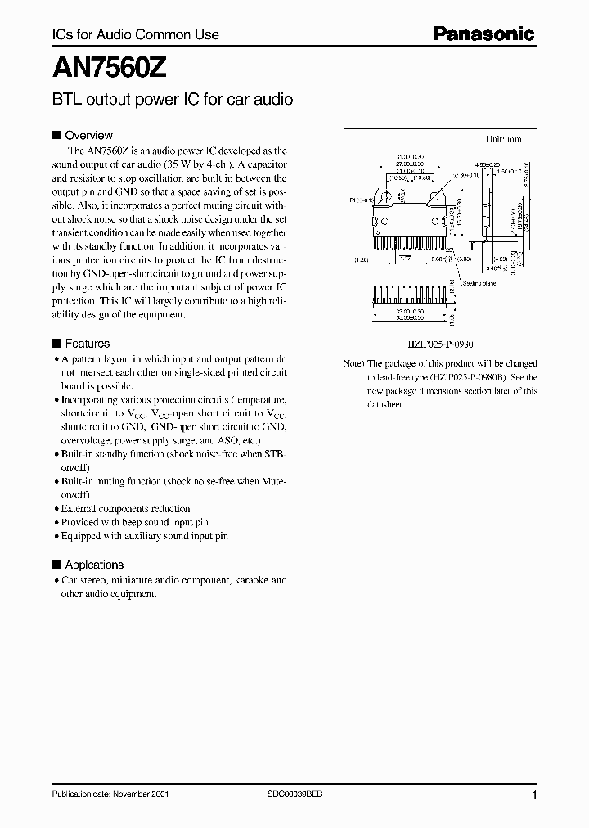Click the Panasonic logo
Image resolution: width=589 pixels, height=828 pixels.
(483, 34)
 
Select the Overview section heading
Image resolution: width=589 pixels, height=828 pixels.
(88, 135)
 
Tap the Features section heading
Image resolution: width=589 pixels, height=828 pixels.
(87, 344)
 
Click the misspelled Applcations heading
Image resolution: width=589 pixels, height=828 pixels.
(94, 565)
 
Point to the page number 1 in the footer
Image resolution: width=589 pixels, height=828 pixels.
(534, 795)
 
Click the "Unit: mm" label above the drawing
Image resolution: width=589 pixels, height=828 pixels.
(503, 139)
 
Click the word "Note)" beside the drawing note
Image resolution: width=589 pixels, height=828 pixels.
(353, 363)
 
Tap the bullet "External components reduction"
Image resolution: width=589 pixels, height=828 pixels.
(126, 508)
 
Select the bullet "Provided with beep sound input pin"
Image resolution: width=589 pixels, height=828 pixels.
(135, 522)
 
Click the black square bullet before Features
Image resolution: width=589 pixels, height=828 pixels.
(56, 344)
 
